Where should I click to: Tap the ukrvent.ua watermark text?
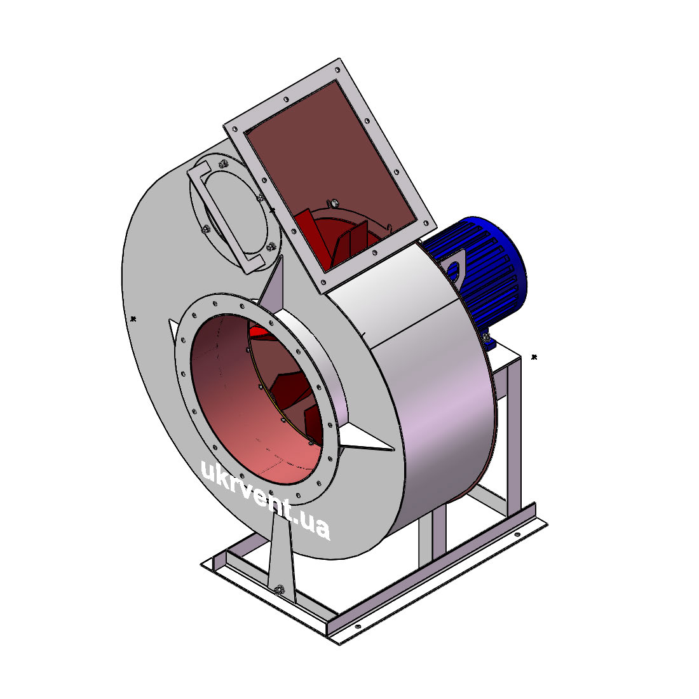[x=266, y=500]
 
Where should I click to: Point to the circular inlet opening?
[x=256, y=399]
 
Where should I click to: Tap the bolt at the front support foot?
[x=279, y=590]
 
